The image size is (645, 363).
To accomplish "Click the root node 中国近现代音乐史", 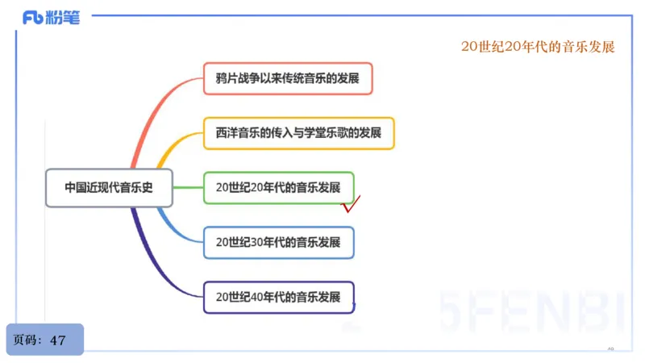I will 108,187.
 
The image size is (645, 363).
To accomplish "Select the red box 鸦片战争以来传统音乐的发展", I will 287,79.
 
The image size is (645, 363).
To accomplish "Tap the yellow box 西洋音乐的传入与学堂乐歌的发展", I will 298,132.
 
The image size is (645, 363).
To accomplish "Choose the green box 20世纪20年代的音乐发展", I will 278,187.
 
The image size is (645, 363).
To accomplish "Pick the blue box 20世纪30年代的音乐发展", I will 278,241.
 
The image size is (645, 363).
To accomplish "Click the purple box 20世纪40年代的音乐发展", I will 278,296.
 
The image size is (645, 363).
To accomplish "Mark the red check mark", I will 351,204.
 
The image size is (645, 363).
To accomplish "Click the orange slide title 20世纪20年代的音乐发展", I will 538,47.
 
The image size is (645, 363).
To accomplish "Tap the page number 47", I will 58,340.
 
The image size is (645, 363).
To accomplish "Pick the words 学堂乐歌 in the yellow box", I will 323,132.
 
